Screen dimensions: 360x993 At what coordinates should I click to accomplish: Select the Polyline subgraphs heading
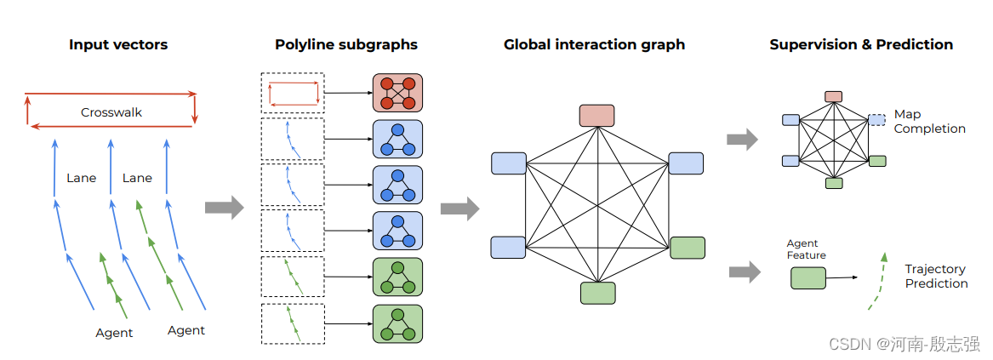click(346, 44)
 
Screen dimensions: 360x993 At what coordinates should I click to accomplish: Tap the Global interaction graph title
click(594, 44)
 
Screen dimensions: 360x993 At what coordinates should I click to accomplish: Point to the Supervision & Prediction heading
click(861, 44)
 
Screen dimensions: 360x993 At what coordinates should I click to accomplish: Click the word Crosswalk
click(111, 112)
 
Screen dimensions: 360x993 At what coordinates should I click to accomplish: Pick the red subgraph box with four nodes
click(397, 94)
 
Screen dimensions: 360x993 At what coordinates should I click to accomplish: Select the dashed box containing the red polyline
click(292, 94)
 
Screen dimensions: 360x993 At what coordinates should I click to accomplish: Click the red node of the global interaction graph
click(597, 116)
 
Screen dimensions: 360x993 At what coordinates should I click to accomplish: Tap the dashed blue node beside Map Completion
click(876, 120)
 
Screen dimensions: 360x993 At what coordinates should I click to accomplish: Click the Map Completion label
click(929, 122)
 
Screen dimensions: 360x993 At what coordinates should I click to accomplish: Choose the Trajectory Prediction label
click(936, 276)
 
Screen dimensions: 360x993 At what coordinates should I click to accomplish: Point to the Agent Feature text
click(806, 249)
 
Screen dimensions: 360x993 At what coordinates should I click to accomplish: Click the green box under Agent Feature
click(808, 277)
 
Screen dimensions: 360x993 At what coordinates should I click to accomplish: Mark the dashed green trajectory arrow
click(876, 281)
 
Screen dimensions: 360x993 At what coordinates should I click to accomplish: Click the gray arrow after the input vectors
click(224, 207)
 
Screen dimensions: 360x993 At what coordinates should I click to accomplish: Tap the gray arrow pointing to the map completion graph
click(742, 140)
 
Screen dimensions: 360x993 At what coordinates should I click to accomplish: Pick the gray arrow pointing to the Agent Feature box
click(745, 271)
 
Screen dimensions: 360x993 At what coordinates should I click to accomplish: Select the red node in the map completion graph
click(834, 97)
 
